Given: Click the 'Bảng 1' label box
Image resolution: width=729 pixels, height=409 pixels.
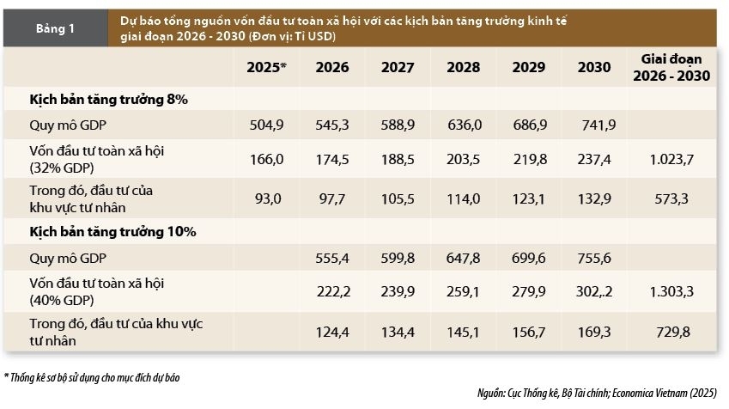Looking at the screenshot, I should point(55,28).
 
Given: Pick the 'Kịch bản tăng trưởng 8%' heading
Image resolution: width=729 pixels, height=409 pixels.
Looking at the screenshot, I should point(109,100).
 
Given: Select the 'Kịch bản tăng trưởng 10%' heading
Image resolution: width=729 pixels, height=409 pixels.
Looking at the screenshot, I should point(112,232).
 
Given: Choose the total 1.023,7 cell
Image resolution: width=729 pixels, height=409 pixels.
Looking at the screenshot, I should point(671,158).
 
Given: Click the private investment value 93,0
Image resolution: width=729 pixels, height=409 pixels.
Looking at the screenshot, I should point(268,198).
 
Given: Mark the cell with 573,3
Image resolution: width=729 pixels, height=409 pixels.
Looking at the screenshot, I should point(671,198).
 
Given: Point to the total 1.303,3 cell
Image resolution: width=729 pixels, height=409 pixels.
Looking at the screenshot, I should point(671,291).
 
